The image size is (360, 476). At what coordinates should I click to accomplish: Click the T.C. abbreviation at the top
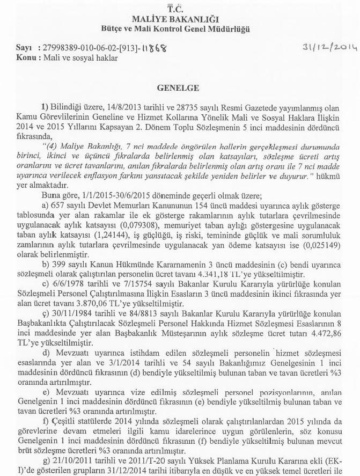pos(175,9)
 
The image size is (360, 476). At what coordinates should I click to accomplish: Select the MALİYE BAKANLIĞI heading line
pos(175,19)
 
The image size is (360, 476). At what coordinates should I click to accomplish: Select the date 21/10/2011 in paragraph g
pos(69,461)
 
